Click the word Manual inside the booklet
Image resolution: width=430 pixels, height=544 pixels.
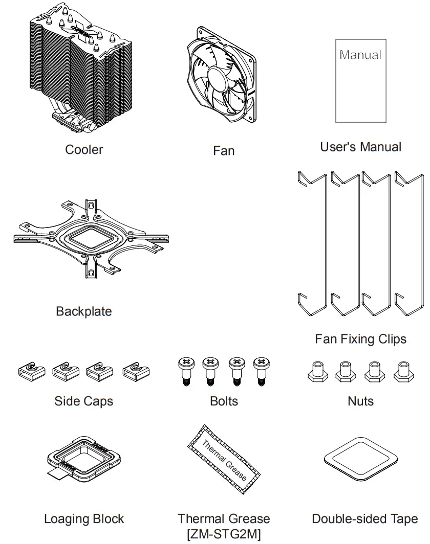coord(360,55)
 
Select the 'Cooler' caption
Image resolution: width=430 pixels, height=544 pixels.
coord(84,150)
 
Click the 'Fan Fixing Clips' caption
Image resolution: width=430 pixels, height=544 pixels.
coord(360,339)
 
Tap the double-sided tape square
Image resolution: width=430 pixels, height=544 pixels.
coord(361,457)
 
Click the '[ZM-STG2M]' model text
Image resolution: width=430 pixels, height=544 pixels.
coord(224,534)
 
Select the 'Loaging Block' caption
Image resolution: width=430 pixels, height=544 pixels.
coord(84,519)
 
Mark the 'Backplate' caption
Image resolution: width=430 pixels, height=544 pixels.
coord(84,311)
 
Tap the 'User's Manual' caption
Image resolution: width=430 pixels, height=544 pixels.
coord(360,147)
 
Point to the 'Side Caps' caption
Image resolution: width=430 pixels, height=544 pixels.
coord(84,401)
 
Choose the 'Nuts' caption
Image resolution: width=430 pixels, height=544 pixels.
coord(360,401)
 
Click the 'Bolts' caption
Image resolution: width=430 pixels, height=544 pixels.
coord(224,401)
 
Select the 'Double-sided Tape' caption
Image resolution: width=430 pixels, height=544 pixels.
coord(364,519)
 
